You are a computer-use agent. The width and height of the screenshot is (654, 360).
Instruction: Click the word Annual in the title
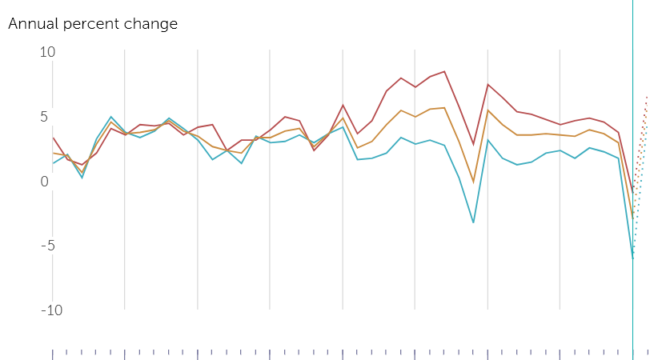pos(34,23)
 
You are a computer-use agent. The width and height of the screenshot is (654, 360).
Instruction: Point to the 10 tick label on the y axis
pos(47,52)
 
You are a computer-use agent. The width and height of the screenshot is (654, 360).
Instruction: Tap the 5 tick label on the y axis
pos(44,117)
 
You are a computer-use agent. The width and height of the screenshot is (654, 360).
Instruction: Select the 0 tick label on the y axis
pos(44,182)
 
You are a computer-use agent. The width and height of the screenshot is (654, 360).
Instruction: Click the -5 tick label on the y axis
pos(48,246)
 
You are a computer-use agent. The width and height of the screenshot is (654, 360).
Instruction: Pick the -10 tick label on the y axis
pos(52,310)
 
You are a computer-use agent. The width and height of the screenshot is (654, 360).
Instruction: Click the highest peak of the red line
pos(444,71)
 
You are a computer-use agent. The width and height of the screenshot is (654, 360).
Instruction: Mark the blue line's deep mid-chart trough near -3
pos(473,222)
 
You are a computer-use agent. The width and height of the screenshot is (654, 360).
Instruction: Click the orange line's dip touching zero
pos(473,182)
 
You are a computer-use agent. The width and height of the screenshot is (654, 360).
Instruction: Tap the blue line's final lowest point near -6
pos(632,258)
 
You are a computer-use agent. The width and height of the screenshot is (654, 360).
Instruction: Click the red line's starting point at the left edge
pos(54,138)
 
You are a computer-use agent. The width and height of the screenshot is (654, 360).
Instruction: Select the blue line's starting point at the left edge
pos(54,163)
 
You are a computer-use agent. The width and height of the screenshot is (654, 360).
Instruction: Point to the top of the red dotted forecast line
pos(647,97)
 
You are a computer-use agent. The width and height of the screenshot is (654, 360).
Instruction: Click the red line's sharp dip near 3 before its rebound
pos(473,145)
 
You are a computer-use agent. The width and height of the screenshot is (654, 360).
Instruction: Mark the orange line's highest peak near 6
pos(444,108)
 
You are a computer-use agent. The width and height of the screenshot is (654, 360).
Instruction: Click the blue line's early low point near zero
pos(82,178)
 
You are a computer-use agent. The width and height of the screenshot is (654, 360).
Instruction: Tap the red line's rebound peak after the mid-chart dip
pos(487,85)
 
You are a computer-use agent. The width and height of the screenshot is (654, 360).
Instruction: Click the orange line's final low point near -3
pos(632,218)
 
